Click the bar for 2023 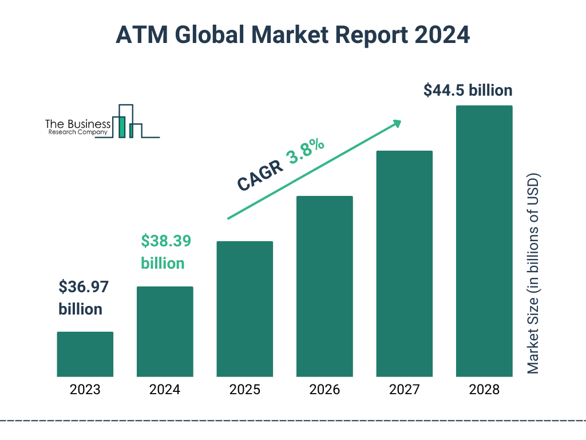85,354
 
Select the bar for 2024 165,332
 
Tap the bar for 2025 244,309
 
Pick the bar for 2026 324,286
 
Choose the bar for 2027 404,264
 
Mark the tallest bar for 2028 484,241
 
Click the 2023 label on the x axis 85,390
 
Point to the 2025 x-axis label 244,390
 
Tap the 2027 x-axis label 404,390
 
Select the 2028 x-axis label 484,390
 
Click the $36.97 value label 84,286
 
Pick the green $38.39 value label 166,241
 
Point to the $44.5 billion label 468,91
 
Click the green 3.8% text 306,152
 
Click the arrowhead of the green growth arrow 396,123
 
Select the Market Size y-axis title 533,273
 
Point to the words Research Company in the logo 77,132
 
